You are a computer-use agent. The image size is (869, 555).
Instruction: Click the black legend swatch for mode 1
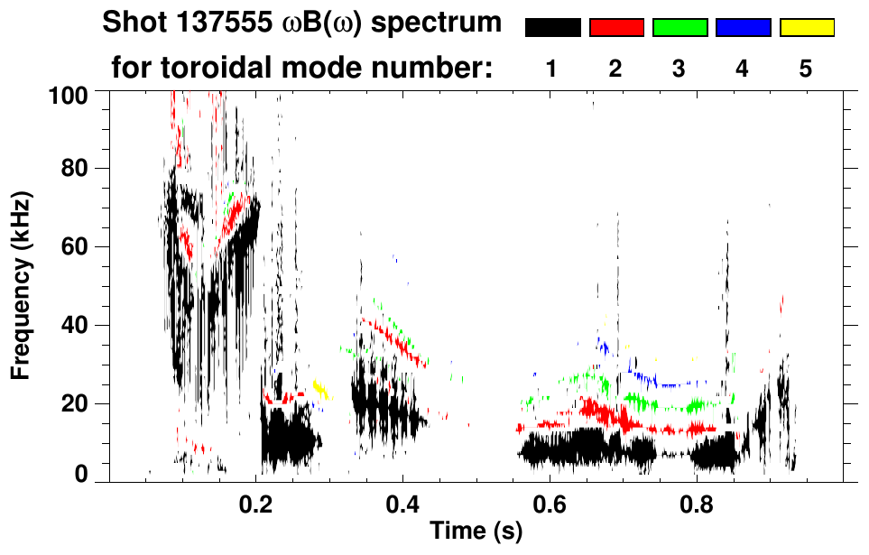552,28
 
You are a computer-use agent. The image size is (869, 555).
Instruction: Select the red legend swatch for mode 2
616,28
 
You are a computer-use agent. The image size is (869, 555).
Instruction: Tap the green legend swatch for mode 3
679,28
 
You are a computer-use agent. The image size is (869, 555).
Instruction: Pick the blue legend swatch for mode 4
743,28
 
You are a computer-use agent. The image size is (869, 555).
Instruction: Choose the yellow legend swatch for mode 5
807,28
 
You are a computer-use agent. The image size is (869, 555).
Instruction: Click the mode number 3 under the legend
679,69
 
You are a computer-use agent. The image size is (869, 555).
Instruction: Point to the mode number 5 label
806,69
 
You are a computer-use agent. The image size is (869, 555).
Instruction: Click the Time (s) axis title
475,532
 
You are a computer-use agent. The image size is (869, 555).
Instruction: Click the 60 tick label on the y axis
74,246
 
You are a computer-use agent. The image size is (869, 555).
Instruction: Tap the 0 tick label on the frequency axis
80,475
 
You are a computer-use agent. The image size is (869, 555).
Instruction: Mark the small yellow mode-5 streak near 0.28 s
321,390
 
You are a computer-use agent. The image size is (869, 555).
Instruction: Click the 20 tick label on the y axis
74,403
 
